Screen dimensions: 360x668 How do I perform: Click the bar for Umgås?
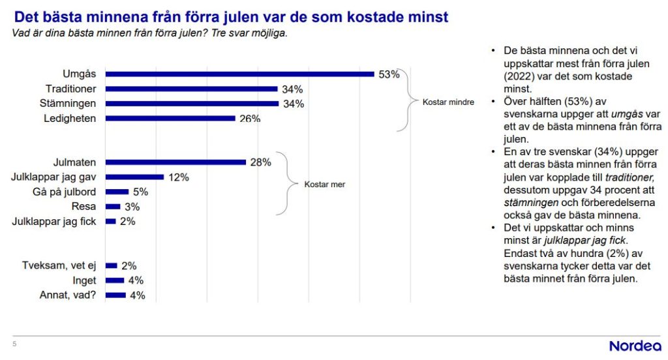[x=239, y=74]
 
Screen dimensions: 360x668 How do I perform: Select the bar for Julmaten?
[x=175, y=162]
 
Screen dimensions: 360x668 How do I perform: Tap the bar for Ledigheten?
[x=170, y=118]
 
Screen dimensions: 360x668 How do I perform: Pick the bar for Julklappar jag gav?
[x=134, y=177]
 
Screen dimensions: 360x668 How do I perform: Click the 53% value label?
[x=389, y=74]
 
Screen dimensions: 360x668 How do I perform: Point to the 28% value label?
[x=260, y=162]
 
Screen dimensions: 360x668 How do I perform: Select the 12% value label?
[x=178, y=177]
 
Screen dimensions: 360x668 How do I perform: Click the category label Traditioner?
[x=71, y=89]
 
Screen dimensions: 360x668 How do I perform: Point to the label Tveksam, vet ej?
[x=59, y=265]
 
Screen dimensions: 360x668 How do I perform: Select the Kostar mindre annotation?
[x=448, y=102]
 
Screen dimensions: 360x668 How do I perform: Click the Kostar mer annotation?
[x=324, y=185]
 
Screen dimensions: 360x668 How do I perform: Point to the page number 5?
[x=14, y=344]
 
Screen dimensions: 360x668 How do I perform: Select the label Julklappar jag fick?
[x=55, y=221]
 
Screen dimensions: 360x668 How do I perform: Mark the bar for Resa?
[x=113, y=206]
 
